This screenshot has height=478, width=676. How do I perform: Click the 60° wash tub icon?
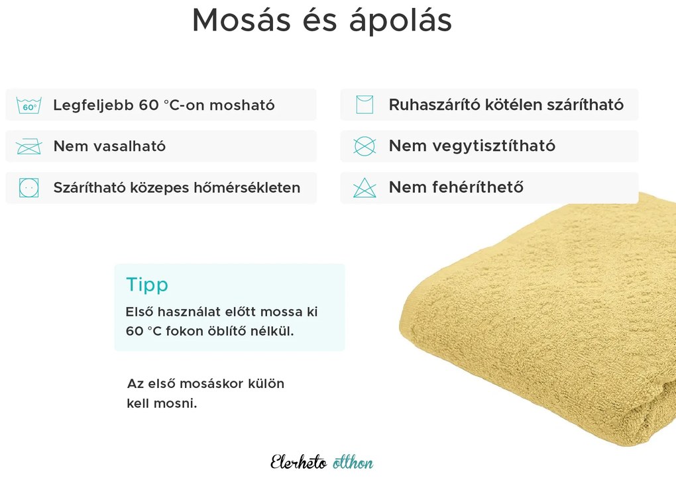pos(29,105)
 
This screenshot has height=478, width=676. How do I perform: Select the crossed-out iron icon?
pos(29,146)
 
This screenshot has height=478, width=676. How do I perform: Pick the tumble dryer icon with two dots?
pos(29,188)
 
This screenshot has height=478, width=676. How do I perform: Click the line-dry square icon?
pos(365,105)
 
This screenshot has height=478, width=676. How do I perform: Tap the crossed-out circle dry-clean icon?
pos(365,146)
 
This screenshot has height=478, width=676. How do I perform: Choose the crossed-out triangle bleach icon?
pos(365,188)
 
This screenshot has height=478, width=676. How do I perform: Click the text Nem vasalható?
pos(109,146)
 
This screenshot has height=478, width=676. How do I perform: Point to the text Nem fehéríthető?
pos(456,188)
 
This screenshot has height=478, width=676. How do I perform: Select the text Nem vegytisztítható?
pos(472,146)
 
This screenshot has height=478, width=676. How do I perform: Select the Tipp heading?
pos(147,285)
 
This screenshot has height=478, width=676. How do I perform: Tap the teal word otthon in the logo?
pos(353,462)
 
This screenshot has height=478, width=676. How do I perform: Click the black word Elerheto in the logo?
pos(298,462)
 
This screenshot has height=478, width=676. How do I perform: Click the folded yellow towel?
pos(543,324)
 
